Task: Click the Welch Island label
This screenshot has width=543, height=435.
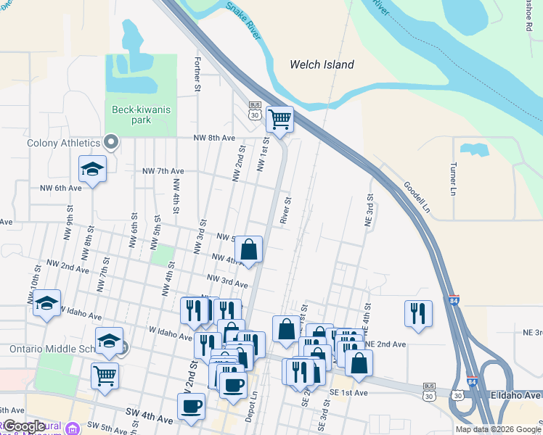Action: click(322, 65)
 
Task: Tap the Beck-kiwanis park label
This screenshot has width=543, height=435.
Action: click(131, 115)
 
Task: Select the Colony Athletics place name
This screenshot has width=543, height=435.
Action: click(63, 142)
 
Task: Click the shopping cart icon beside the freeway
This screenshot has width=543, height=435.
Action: click(279, 120)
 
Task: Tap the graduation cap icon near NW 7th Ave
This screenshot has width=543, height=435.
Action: click(92, 170)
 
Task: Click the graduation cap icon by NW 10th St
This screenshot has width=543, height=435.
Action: click(47, 303)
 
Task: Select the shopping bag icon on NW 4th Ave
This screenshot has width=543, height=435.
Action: click(248, 250)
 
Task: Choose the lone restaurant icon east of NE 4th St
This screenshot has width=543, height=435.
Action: click(418, 313)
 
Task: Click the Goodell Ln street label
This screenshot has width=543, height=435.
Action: click(417, 196)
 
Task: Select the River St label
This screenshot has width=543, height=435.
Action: click(287, 210)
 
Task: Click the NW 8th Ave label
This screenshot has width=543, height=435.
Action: click(214, 138)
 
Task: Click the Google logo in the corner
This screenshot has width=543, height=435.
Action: click(24, 426)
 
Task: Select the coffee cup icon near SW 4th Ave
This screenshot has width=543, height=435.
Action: click(192, 407)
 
